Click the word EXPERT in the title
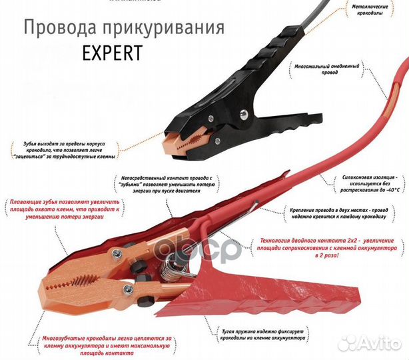click(x=112, y=53)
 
